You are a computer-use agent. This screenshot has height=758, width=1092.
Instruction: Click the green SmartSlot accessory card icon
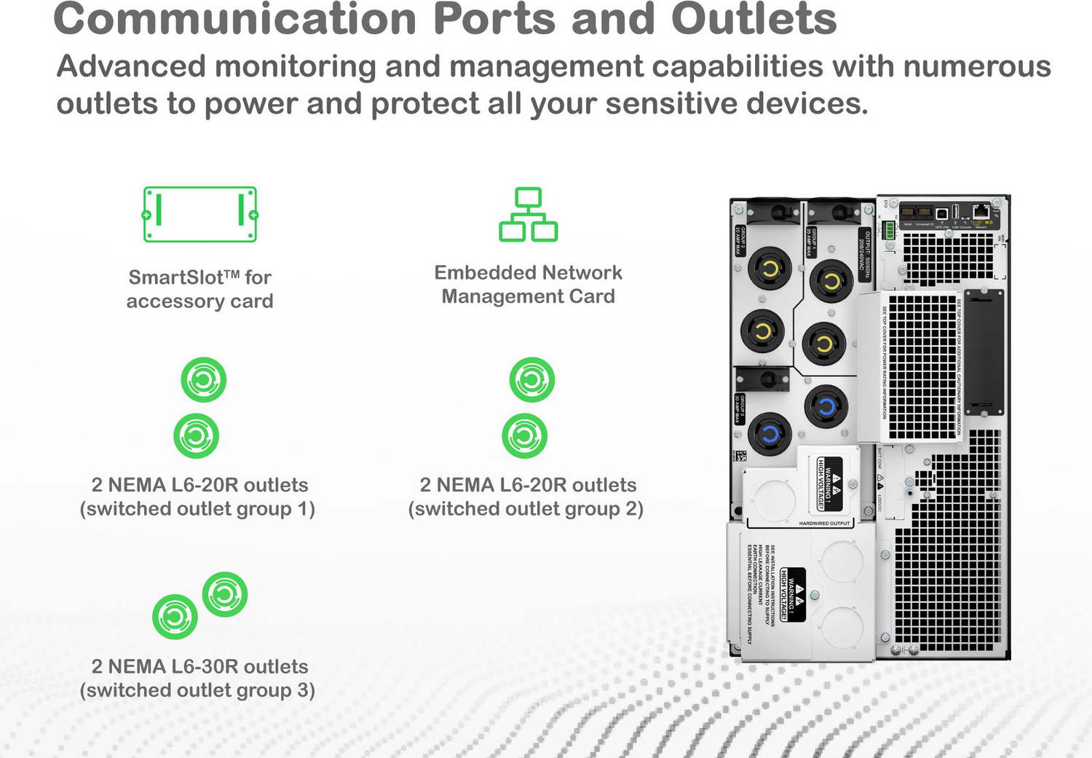[200, 214]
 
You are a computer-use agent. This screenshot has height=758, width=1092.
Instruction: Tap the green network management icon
[528, 214]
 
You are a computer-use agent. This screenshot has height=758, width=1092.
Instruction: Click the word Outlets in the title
[753, 19]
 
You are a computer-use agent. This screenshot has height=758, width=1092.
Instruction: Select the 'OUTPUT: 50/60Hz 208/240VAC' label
[864, 251]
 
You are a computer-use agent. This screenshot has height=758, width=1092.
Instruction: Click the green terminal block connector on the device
[889, 231]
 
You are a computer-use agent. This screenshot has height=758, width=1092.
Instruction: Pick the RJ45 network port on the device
[981, 213]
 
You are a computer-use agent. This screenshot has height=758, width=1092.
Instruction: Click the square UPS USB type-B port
[941, 213]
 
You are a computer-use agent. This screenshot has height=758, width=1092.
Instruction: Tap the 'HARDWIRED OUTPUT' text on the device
[824, 524]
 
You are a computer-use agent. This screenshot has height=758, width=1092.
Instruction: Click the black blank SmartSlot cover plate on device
[984, 350]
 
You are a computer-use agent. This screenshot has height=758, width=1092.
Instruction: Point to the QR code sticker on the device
[740, 457]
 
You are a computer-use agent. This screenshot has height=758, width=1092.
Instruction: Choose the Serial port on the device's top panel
[908, 213]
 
